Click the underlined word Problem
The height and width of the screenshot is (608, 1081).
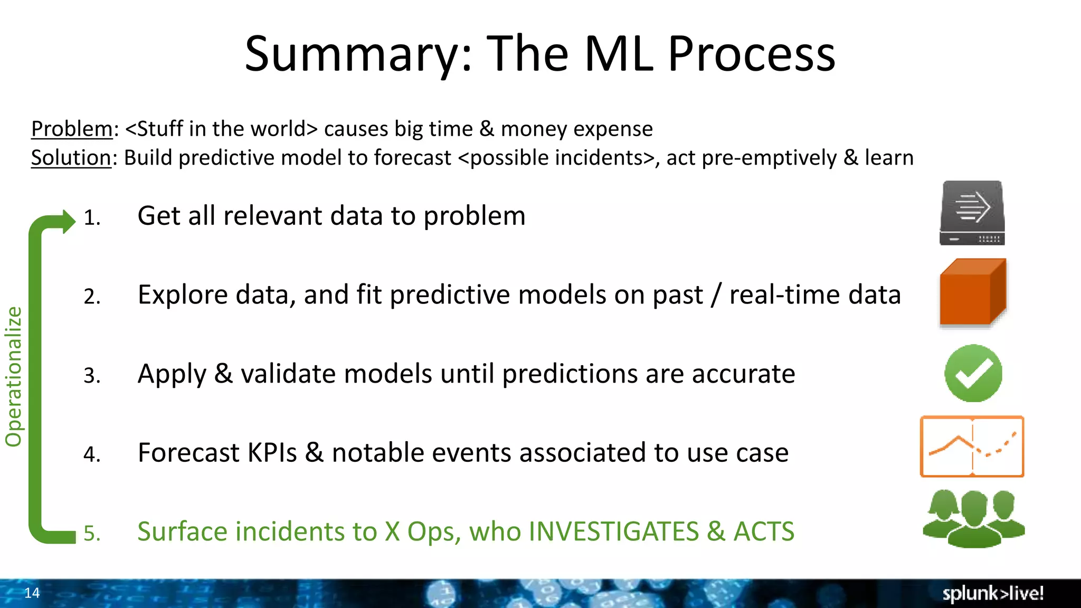pyautogui.click(x=72, y=129)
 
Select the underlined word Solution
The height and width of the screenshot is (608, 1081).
pyautogui.click(x=71, y=158)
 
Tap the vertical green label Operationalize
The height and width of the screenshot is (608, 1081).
pyautogui.click(x=14, y=377)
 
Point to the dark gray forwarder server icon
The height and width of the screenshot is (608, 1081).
pyautogui.click(x=972, y=213)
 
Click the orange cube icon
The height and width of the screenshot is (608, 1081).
pyautogui.click(x=972, y=292)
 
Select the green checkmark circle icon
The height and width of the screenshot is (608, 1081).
pyautogui.click(x=973, y=373)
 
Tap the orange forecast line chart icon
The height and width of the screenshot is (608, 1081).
pyautogui.click(x=972, y=446)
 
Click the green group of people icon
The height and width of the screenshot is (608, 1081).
pyautogui.click(x=973, y=518)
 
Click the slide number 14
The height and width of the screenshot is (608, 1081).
pyautogui.click(x=32, y=593)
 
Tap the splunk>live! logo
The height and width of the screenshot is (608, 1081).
pyautogui.click(x=992, y=593)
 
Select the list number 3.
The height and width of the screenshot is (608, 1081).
pyautogui.click(x=91, y=376)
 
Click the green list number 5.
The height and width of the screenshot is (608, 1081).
pyautogui.click(x=91, y=534)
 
